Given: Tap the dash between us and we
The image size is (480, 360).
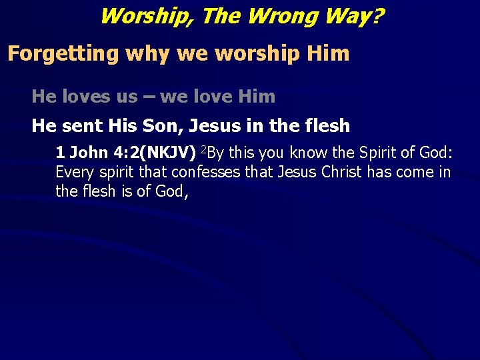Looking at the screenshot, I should tap(149, 97).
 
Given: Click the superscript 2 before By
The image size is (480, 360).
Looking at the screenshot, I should tap(204, 149).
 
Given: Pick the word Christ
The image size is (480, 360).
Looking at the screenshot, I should tap(343, 173).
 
